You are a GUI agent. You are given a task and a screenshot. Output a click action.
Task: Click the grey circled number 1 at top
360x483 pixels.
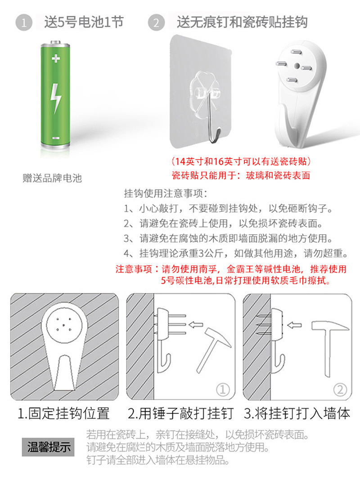tap(24, 22)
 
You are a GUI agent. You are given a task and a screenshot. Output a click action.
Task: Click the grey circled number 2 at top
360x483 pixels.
tap(156, 22)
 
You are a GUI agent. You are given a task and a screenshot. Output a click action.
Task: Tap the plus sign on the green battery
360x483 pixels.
tap(56, 58)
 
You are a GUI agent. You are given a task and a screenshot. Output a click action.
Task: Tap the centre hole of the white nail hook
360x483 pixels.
tap(297, 66)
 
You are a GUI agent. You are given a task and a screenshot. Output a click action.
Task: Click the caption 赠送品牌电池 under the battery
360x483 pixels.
tap(52, 178)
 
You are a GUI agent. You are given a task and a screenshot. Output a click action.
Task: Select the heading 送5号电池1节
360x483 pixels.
tap(84, 22)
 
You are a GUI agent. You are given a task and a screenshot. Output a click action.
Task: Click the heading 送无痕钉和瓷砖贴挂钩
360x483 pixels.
tap(242, 22)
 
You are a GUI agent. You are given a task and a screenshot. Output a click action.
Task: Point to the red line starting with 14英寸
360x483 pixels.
tap(241, 161)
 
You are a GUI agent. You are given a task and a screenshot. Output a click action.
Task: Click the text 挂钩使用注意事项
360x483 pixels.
tap(166, 193)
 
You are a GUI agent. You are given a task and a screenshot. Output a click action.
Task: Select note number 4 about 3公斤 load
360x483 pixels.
tap(236, 253)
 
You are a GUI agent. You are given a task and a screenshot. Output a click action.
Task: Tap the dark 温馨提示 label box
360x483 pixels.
tap(49, 447)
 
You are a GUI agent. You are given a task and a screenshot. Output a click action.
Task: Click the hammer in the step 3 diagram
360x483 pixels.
tap(330, 349)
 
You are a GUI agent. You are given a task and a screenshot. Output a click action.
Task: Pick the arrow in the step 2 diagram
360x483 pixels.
tap(196, 325)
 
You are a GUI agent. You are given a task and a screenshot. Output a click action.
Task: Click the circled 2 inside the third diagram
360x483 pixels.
tap(340, 389)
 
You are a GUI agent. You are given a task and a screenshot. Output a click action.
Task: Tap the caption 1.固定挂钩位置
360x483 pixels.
tap(63, 413)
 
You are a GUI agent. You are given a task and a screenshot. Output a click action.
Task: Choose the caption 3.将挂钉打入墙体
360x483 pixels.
tap(297, 413)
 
